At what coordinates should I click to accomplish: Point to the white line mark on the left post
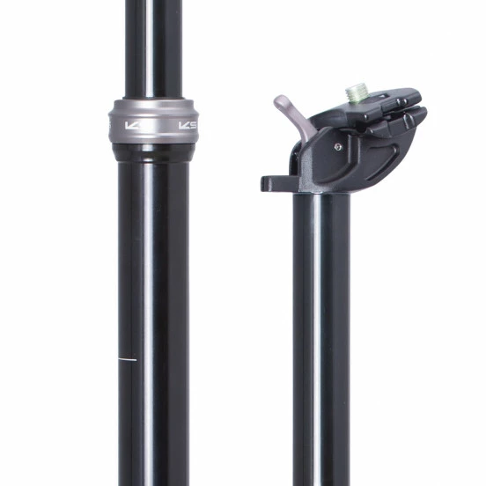point(128,360)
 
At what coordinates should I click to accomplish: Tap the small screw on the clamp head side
point(339,147)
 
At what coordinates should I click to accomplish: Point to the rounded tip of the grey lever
point(280,100)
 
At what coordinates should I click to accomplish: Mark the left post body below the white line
point(154,423)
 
